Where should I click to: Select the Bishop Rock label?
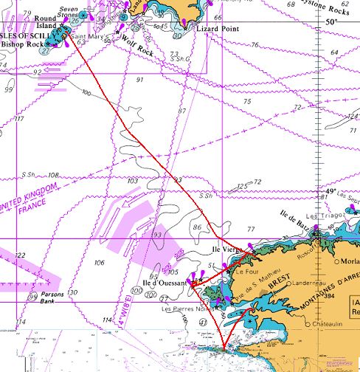[22, 44]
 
